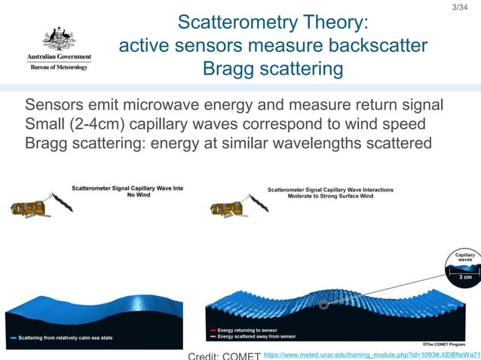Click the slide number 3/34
[458, 8]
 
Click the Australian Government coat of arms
[59, 38]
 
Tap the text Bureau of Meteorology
[59, 67]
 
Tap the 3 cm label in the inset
[466, 277]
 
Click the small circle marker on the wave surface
[323, 305]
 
